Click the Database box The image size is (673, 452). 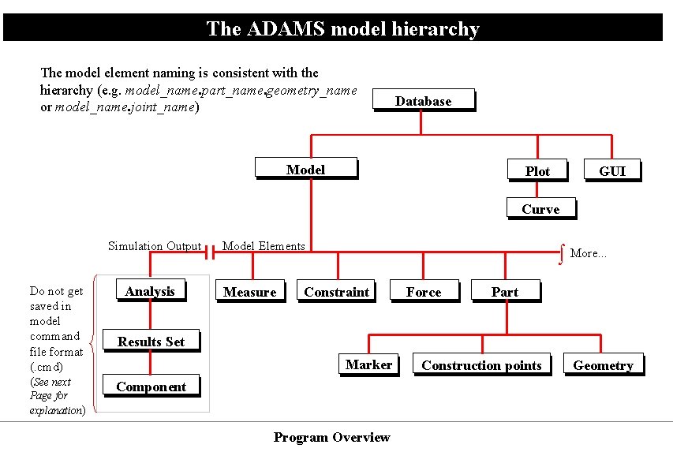pos(423,100)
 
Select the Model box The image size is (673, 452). pos(305,170)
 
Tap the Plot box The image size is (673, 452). pos(537,171)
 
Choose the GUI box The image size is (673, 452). pos(611,171)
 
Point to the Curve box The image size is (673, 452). pos(540,209)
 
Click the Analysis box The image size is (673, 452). pos(150,291)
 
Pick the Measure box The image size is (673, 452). pos(249,292)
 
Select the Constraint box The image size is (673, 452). pos(336,292)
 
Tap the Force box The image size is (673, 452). pos(424,292)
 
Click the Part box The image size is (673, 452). pos(505,292)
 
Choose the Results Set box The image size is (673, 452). pos(151,342)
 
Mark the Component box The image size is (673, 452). pos(151,387)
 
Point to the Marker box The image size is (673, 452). pos(368,364)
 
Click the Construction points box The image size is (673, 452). pos(481,365)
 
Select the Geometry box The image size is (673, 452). pos(603,365)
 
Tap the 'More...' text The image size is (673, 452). pos(589,253)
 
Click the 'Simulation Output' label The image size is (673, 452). pos(155,246)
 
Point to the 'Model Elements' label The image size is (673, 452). pos(264,246)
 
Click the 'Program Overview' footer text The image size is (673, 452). pos(331,437)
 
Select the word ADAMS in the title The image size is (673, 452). pos(286,29)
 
